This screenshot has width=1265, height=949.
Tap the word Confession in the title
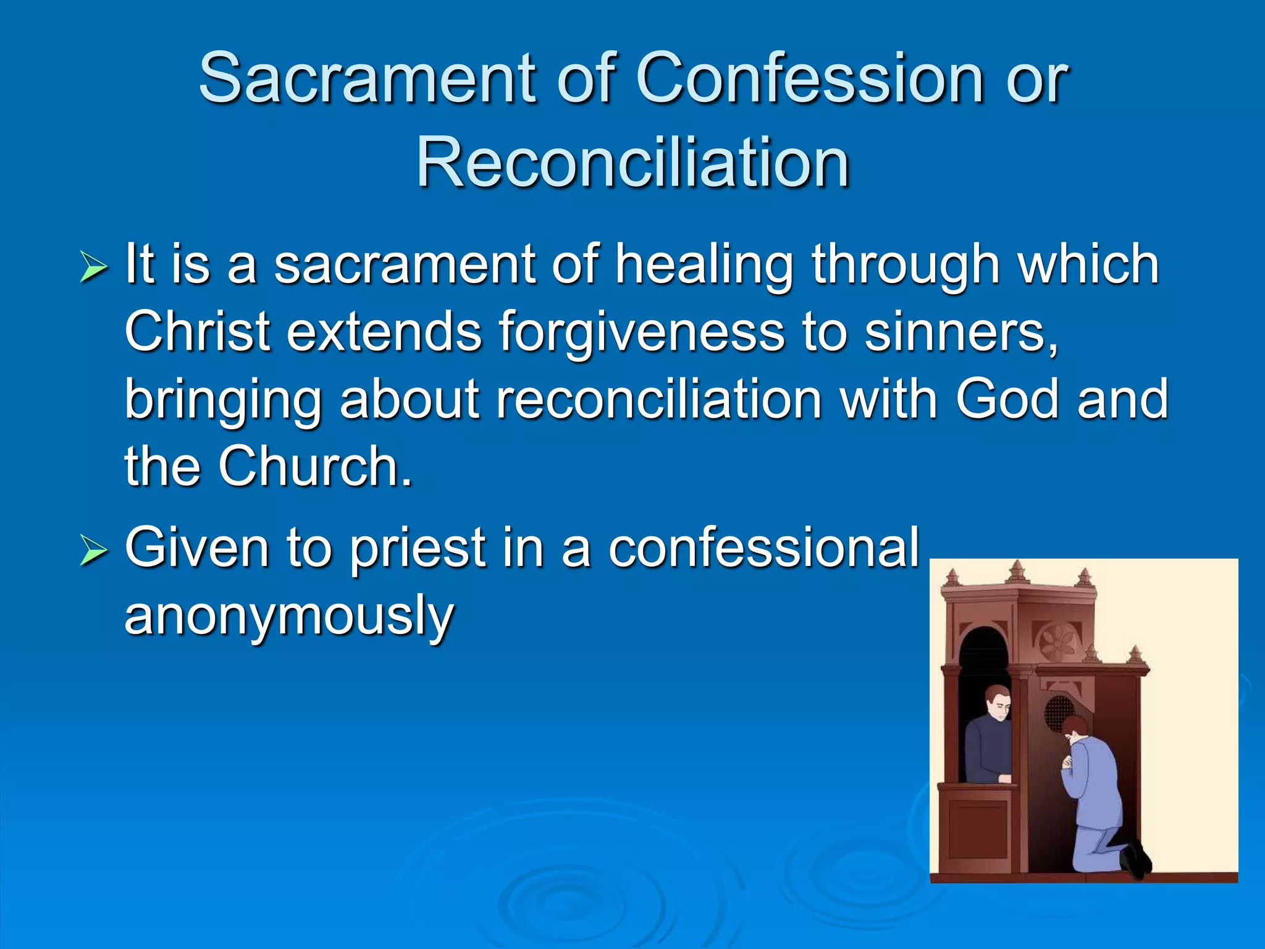pos(809,78)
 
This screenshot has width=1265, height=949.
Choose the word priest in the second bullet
pos(418,549)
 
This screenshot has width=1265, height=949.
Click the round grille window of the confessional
pos(1059,712)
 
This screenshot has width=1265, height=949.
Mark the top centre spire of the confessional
pos(1017,572)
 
